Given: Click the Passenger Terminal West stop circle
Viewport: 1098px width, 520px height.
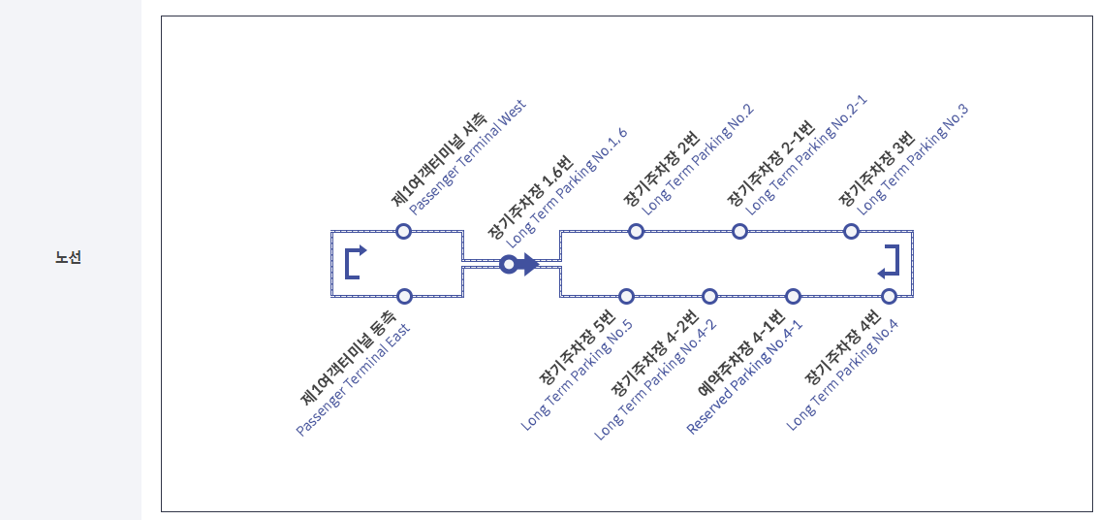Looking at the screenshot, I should click(x=404, y=231).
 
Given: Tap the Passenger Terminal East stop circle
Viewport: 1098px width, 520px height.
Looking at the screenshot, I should click(x=405, y=296).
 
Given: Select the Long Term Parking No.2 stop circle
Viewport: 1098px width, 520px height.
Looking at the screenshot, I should click(x=636, y=231).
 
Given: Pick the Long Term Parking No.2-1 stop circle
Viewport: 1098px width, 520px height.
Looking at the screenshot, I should click(x=739, y=231).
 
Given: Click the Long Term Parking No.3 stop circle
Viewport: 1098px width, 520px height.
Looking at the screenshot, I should click(x=851, y=231).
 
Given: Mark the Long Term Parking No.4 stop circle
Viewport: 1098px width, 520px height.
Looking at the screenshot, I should click(x=889, y=296).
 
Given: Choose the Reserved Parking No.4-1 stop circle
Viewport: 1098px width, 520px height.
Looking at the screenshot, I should click(x=793, y=296).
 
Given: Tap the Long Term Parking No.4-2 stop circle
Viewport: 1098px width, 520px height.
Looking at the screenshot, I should click(x=709, y=296).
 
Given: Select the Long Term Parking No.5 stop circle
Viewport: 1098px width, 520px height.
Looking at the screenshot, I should click(x=626, y=296).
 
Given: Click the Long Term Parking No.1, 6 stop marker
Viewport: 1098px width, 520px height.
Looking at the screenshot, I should click(x=508, y=264).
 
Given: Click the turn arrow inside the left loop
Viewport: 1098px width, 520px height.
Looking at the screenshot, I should click(x=355, y=262).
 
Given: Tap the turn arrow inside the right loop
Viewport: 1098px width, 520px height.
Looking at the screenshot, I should click(x=890, y=262).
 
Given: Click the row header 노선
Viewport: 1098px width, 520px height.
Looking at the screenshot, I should click(x=69, y=258).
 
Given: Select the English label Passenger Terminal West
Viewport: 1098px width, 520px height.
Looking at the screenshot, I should click(x=467, y=157).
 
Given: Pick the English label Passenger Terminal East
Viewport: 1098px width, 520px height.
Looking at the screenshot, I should click(x=353, y=379).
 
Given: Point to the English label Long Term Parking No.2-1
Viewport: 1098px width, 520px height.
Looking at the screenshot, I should click(x=805, y=154).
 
